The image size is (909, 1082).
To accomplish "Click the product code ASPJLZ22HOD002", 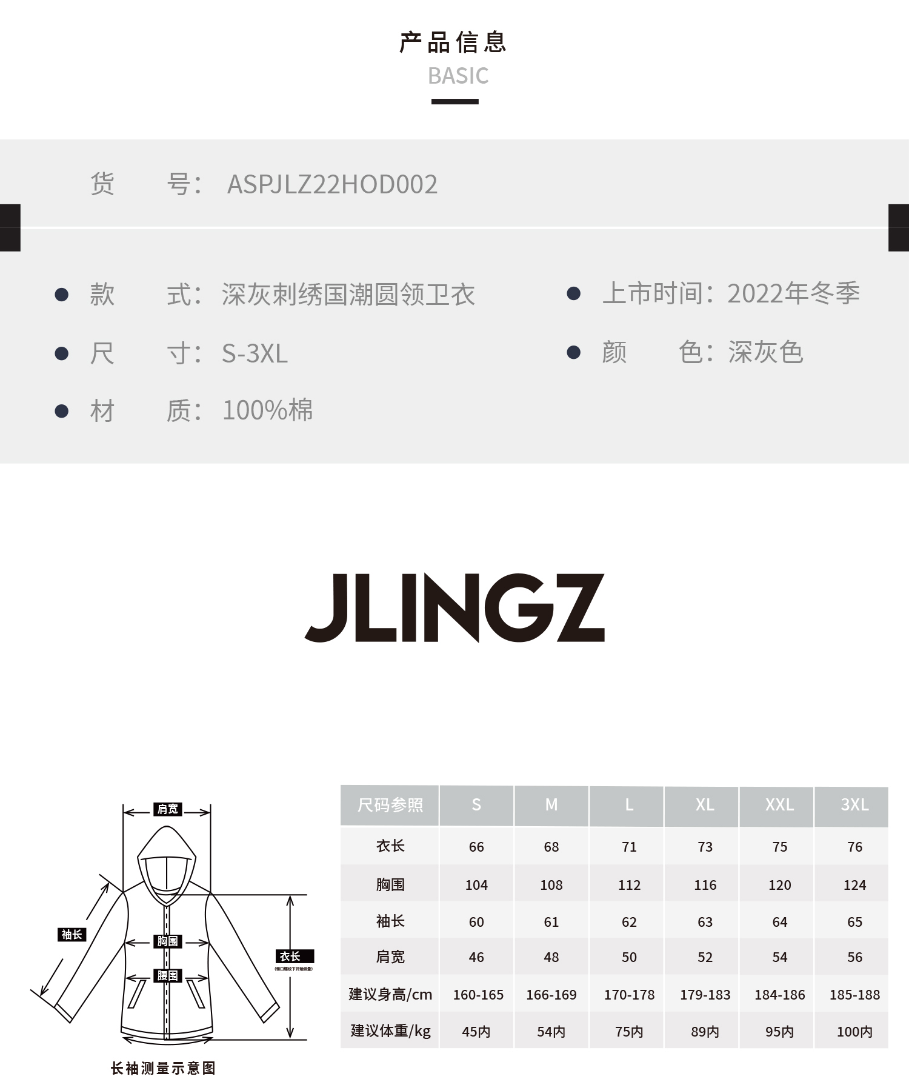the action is click(x=332, y=184).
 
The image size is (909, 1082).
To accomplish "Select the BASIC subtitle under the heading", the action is click(x=458, y=76).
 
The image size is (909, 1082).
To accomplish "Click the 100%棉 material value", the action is click(x=267, y=410).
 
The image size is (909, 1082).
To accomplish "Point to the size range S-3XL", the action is click(x=255, y=353).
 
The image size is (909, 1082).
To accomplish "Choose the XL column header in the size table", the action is click(x=704, y=805).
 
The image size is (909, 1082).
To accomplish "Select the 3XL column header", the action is click(x=854, y=805).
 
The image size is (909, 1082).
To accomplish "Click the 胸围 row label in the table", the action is click(x=390, y=884).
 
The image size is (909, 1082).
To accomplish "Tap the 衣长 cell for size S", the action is click(x=476, y=847).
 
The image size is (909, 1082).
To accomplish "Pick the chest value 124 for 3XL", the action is click(x=854, y=885).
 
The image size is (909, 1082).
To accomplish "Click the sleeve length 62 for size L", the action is click(x=629, y=922).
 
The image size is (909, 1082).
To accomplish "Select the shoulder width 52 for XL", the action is click(x=705, y=957).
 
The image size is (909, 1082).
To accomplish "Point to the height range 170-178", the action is click(x=629, y=995).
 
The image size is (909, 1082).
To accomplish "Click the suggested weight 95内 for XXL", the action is click(x=779, y=1032).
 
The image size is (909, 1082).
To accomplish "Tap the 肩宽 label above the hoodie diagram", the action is click(x=168, y=809).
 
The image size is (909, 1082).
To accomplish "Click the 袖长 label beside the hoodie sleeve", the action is click(x=72, y=935).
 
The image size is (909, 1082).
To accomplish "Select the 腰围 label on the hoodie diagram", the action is click(x=168, y=975).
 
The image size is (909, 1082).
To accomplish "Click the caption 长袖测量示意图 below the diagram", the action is click(x=163, y=1068).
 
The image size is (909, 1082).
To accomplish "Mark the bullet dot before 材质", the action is click(x=61, y=411).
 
